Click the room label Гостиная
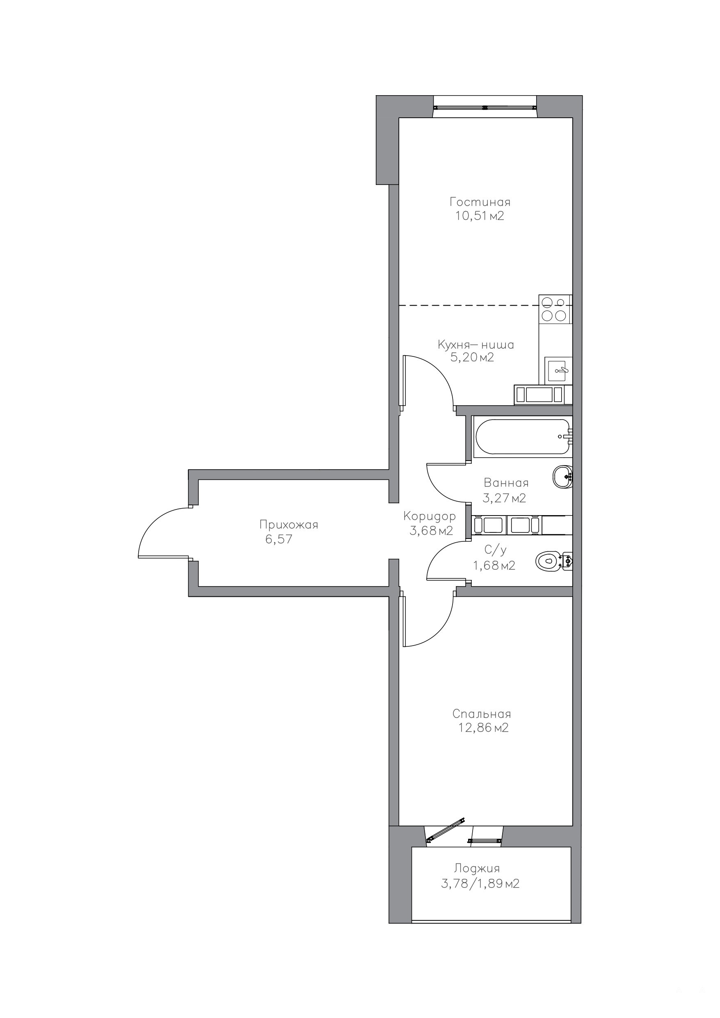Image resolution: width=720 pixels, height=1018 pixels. (x=480, y=202)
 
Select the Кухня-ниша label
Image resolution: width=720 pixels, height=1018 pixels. (x=476, y=345)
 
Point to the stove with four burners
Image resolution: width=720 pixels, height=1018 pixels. (x=555, y=308)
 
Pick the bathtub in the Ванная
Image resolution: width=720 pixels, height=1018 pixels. (x=522, y=437)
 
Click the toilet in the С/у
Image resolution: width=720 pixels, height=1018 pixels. (x=554, y=562)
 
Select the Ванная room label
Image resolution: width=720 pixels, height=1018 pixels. (x=506, y=482)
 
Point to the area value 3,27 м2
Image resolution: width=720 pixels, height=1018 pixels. (x=504, y=498)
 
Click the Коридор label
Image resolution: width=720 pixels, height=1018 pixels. (x=430, y=516)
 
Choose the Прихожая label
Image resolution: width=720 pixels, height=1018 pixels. (x=289, y=525)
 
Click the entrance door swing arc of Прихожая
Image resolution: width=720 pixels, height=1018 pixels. (x=153, y=521)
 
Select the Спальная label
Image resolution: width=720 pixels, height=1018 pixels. (x=482, y=714)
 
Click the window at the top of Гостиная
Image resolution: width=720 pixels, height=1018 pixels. (x=485, y=107)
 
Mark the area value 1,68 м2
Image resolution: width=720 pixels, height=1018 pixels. (x=494, y=565)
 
